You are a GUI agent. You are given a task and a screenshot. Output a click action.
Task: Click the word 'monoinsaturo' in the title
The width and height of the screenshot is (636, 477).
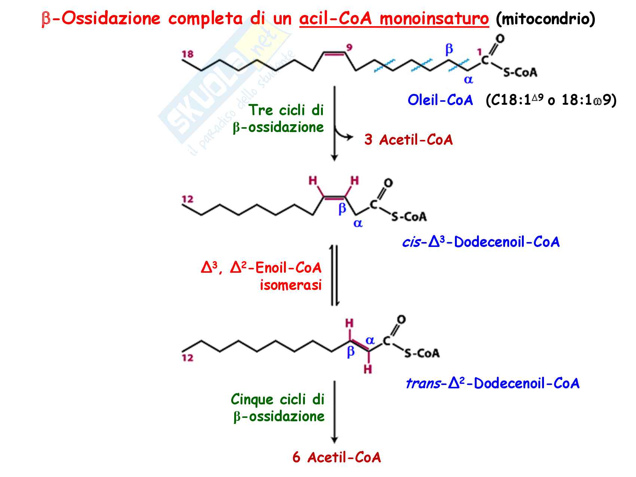point(434,18)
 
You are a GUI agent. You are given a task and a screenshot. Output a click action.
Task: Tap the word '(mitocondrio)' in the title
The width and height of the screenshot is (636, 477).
point(545,19)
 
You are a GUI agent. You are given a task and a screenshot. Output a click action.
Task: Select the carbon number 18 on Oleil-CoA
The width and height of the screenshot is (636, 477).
point(187,54)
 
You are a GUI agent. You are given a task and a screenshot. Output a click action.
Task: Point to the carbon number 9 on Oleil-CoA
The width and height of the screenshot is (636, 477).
point(349,48)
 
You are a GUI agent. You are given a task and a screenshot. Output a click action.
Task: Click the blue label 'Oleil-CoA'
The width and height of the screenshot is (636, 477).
point(440,100)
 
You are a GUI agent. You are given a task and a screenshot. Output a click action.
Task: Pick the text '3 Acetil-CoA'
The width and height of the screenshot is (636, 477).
point(409,140)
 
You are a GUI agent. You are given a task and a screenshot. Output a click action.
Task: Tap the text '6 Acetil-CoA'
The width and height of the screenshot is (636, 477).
point(337,457)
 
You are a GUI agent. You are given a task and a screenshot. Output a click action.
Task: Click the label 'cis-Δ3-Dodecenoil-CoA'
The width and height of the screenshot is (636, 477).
point(481,242)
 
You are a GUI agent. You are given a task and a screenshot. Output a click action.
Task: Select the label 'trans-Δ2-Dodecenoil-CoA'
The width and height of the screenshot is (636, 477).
point(493,383)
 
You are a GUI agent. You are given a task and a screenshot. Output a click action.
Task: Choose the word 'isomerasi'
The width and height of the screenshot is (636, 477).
point(291,285)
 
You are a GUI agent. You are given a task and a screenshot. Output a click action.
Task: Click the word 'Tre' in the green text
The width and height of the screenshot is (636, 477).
point(261,110)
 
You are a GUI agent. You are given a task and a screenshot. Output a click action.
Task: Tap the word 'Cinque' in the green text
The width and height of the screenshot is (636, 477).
point(252,400)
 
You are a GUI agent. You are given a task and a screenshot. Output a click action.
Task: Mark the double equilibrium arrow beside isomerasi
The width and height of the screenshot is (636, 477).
point(335,275)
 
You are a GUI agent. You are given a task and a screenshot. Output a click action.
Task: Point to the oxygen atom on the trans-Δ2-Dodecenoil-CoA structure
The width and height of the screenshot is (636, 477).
point(401,320)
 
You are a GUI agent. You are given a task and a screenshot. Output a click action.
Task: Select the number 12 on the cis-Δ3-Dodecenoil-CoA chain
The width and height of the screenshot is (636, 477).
point(187,199)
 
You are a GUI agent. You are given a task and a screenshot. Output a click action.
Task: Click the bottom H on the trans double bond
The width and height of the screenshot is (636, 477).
point(368,370)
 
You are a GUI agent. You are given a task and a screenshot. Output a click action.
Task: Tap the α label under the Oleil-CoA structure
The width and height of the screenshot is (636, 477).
point(468,80)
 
